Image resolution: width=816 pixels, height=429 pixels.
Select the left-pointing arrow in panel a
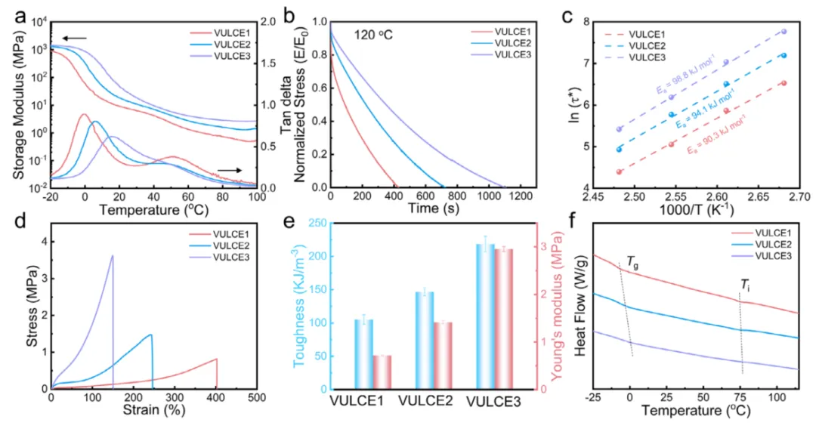74,37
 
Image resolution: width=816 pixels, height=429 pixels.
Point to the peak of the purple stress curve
113,255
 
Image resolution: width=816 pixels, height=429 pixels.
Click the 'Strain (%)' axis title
151,411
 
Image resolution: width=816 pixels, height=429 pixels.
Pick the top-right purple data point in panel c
784,32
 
